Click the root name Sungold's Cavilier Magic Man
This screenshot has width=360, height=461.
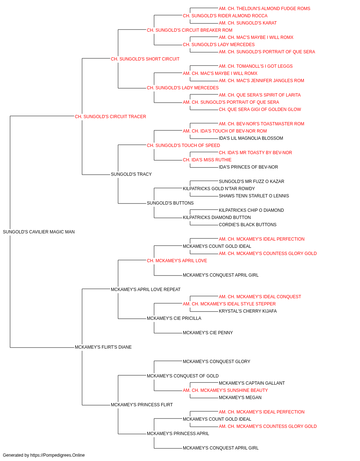click(x=39, y=232)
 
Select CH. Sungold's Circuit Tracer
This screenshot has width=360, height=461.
click(x=111, y=117)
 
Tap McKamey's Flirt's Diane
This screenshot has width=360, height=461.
click(x=103, y=347)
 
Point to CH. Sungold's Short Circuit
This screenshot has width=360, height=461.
click(x=145, y=59)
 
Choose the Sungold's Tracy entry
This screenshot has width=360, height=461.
click(x=131, y=174)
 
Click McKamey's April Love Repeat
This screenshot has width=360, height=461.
click(x=146, y=289)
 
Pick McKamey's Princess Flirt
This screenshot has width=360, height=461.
click(x=142, y=404)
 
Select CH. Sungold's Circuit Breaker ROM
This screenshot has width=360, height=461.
click(x=190, y=30)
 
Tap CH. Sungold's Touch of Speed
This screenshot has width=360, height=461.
click(x=183, y=145)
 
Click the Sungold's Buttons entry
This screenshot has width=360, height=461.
click(x=170, y=203)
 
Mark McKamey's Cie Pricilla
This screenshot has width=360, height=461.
click(x=174, y=318)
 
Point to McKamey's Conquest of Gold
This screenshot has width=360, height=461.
click(x=183, y=376)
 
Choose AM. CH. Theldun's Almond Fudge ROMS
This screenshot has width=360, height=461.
click(x=264, y=9)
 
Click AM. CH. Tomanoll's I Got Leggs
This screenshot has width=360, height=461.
click(x=256, y=66)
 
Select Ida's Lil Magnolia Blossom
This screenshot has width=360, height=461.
click(x=251, y=138)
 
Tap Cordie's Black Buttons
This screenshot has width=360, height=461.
click(x=248, y=225)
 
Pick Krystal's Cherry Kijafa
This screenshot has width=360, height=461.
click(x=248, y=311)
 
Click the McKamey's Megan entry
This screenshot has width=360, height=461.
click(x=240, y=397)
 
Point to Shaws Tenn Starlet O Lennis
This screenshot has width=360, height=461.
click(x=254, y=196)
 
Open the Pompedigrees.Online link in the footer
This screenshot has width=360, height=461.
click(x=58, y=455)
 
